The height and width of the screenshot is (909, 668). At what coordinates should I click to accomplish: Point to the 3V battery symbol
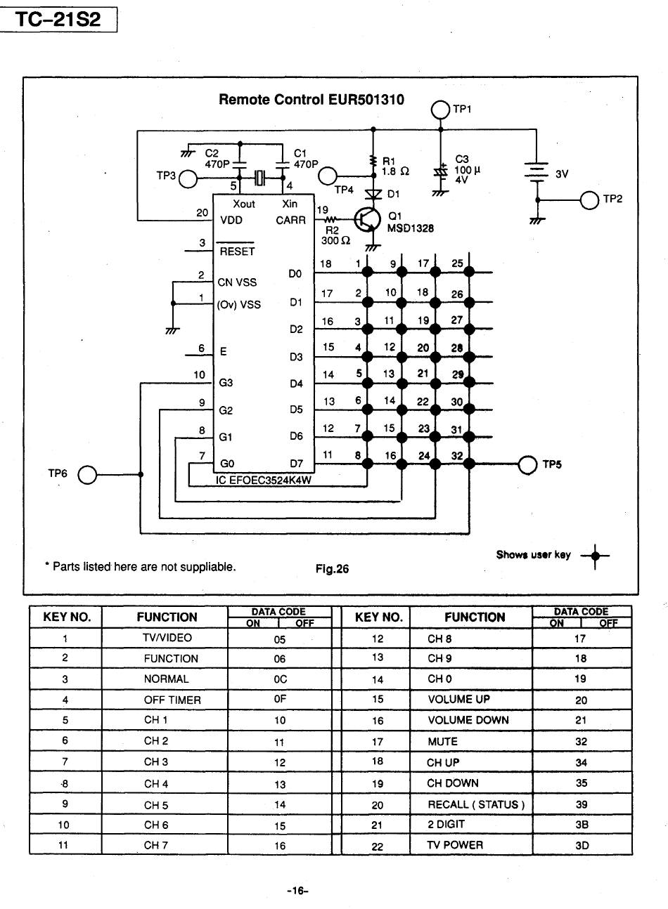537,171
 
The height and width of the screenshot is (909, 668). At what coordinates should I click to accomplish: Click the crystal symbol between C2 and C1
260,177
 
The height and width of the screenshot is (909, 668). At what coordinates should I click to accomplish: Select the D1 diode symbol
373,194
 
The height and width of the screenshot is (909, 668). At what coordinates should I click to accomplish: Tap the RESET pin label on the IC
237,251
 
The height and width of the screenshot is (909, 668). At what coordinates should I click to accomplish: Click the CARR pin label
290,221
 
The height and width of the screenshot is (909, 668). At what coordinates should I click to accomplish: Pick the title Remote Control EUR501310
311,100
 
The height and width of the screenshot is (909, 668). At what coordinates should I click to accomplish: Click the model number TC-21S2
58,20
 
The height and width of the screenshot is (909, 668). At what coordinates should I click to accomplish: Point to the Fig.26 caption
332,568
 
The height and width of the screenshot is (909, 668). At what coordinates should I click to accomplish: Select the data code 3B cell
582,825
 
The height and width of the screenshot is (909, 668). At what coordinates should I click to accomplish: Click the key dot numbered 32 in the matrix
469,464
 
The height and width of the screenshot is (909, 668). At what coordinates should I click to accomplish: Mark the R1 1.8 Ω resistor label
395,166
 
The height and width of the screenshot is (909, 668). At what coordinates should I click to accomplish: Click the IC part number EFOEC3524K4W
263,480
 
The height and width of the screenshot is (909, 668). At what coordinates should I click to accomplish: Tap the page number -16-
297,891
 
